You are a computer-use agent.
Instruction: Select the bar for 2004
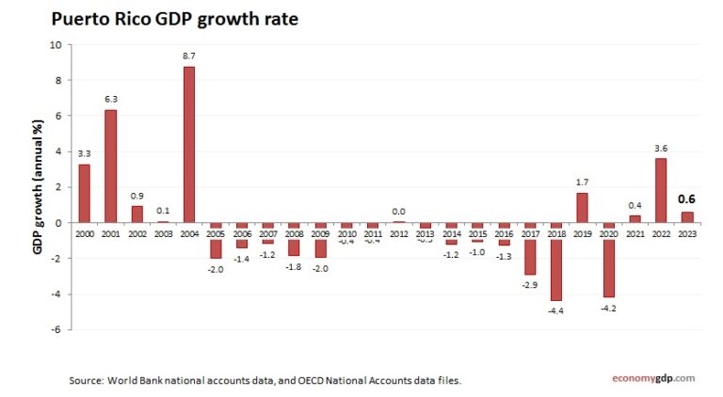click(189, 144)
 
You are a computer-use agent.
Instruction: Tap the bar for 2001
click(110, 166)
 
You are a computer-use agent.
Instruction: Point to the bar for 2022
click(661, 190)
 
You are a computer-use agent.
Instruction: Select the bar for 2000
click(84, 193)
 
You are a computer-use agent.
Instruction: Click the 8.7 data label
click(189, 56)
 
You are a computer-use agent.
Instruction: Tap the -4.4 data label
click(555, 310)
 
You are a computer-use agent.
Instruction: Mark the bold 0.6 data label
click(687, 199)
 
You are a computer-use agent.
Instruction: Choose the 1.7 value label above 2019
click(582, 182)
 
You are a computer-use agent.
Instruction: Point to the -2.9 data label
click(529, 283)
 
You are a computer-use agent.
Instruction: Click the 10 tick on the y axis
click(56, 44)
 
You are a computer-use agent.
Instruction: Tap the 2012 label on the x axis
click(398, 232)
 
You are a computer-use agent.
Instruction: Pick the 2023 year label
click(687, 232)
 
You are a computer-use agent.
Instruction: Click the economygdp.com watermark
click(649, 378)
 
